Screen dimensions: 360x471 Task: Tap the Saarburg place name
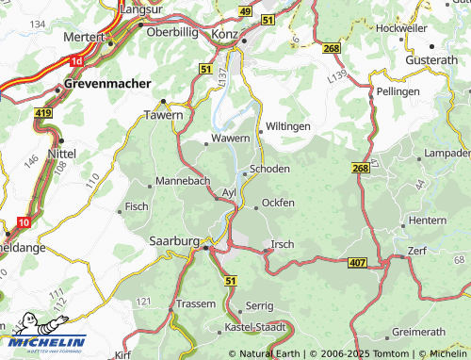(172, 241)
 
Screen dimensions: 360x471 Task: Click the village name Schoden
(270, 169)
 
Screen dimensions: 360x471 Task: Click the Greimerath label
(417, 332)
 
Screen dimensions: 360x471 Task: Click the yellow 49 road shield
(245, 10)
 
